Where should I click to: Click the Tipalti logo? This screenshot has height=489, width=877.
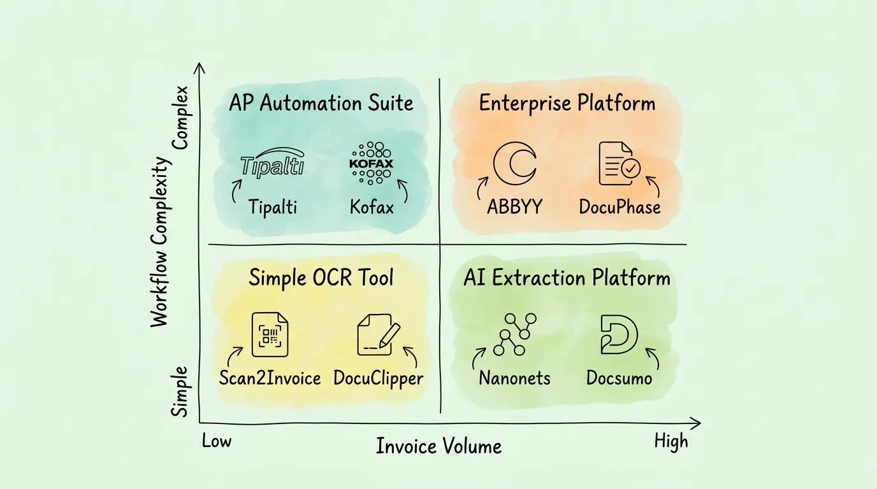(273, 164)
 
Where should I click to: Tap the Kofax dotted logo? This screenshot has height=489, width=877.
(372, 163)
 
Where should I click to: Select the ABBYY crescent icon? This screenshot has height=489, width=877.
(515, 163)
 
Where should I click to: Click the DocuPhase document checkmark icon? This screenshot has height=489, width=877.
(619, 164)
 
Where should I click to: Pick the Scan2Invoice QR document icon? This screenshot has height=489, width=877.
(270, 334)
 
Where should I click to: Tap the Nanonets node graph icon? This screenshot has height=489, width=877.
(515, 334)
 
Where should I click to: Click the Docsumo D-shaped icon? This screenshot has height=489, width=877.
(619, 334)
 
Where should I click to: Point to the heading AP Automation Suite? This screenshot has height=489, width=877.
(321, 103)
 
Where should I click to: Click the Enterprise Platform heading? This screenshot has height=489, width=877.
(567, 103)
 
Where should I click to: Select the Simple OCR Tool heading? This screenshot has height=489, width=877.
(321, 278)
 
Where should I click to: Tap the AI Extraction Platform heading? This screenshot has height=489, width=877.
(567, 278)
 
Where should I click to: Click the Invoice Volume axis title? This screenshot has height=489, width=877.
(438, 446)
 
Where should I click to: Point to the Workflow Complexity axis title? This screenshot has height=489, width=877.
(162, 242)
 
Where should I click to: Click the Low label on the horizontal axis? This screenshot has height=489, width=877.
(217, 441)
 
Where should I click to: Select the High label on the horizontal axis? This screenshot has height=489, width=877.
(671, 441)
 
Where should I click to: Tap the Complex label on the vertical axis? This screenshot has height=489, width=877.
(181, 118)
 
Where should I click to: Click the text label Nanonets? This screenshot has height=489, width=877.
(515, 378)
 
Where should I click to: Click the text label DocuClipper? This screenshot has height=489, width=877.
(378, 378)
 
